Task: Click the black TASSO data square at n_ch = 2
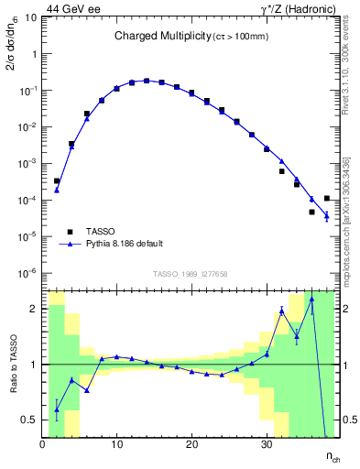(57, 181)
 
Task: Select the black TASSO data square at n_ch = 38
(327, 198)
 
